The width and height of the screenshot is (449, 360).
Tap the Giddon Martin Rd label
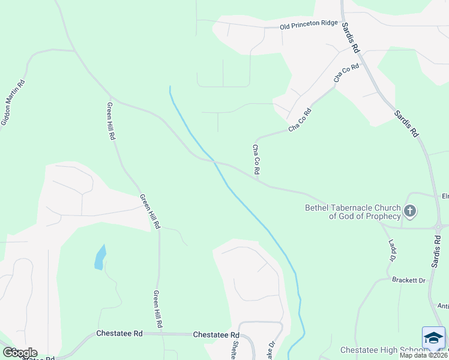coord(13,103)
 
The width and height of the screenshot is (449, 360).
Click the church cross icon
coord(410,211)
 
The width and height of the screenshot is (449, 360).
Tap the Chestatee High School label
coord(378,350)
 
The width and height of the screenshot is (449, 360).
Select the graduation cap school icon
coord(433,338)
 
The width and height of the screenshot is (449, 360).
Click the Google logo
coord(20,353)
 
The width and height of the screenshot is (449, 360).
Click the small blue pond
coord(100,257)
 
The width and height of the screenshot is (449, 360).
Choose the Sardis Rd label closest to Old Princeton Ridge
coord(351,37)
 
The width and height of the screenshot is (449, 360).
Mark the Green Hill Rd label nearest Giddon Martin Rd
coord(111,121)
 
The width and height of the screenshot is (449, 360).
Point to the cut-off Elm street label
coord(445,196)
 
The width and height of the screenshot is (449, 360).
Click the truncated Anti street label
coord(442,305)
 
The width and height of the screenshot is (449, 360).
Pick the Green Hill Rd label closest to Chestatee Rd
coord(157,309)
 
